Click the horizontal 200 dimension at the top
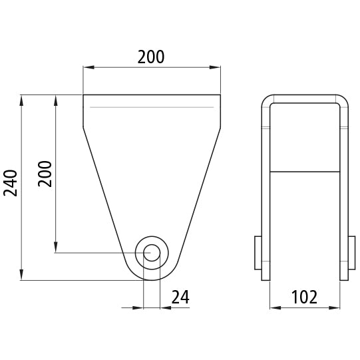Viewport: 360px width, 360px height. pos(151,57)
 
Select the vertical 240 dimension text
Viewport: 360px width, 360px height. pos(11,183)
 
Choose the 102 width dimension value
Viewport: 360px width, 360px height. pos(304,297)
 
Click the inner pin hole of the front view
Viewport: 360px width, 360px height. pos(152,253)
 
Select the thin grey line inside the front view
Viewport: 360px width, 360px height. pos(152,107)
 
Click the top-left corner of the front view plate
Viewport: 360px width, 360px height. pos(83,95)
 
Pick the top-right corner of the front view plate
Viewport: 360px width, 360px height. pos(220,95)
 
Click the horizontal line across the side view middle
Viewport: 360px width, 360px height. pos(304,172)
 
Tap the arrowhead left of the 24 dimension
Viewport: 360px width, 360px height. pos(139,308)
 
